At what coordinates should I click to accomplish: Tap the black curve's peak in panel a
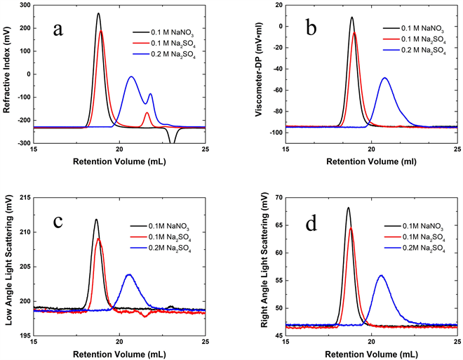click(98, 14)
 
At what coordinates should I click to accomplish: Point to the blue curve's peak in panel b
click(384, 78)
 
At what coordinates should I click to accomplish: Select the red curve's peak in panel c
click(99, 239)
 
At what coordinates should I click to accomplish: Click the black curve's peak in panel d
click(348, 208)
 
